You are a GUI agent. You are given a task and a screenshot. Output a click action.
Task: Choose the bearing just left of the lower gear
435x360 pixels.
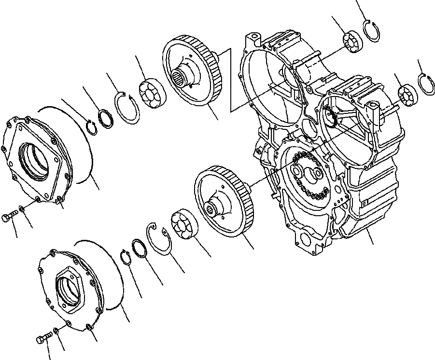tap(183, 225)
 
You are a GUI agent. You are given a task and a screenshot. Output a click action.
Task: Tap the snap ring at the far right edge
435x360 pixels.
tap(425, 84)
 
